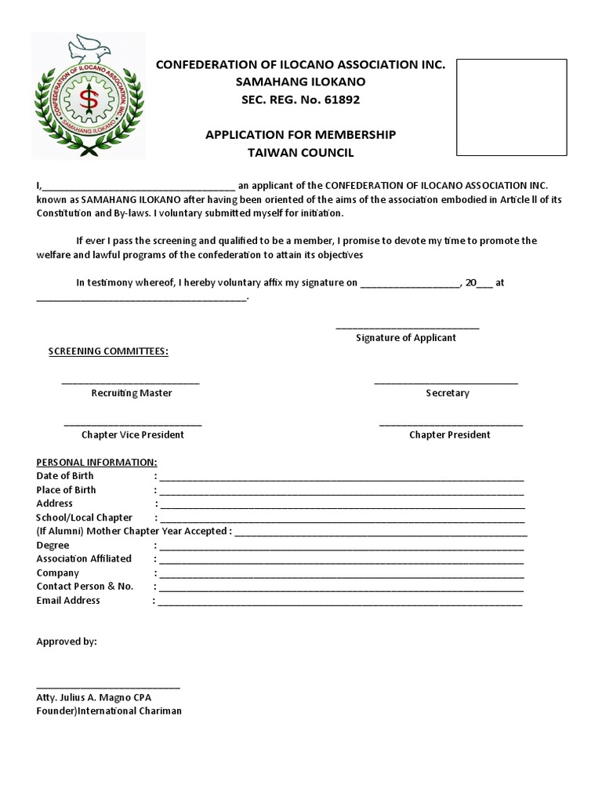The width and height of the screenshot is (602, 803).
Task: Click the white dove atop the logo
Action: [x=89, y=48]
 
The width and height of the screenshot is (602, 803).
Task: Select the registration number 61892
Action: [x=339, y=100]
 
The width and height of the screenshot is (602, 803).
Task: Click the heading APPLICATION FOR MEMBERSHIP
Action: [x=300, y=135]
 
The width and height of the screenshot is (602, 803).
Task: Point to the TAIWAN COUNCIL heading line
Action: [x=300, y=153]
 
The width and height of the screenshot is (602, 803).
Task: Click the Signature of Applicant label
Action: [x=405, y=337]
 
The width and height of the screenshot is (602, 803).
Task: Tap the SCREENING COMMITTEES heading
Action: [x=108, y=351]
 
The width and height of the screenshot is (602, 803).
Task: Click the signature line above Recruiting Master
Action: [x=131, y=382]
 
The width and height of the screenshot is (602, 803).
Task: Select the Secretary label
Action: [x=447, y=393]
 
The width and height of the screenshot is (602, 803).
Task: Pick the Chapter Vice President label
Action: [x=132, y=434]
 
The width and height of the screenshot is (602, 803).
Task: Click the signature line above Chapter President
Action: [x=451, y=424]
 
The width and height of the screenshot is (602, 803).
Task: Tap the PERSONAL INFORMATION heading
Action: [x=96, y=462]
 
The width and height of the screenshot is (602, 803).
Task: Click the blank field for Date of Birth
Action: [x=341, y=477]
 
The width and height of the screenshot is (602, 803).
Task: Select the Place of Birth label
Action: [x=67, y=489]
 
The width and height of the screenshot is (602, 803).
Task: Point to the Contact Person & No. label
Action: [x=85, y=586]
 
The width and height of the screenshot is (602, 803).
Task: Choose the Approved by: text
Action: [x=67, y=641]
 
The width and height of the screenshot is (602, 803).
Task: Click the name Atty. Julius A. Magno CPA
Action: [x=94, y=697]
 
